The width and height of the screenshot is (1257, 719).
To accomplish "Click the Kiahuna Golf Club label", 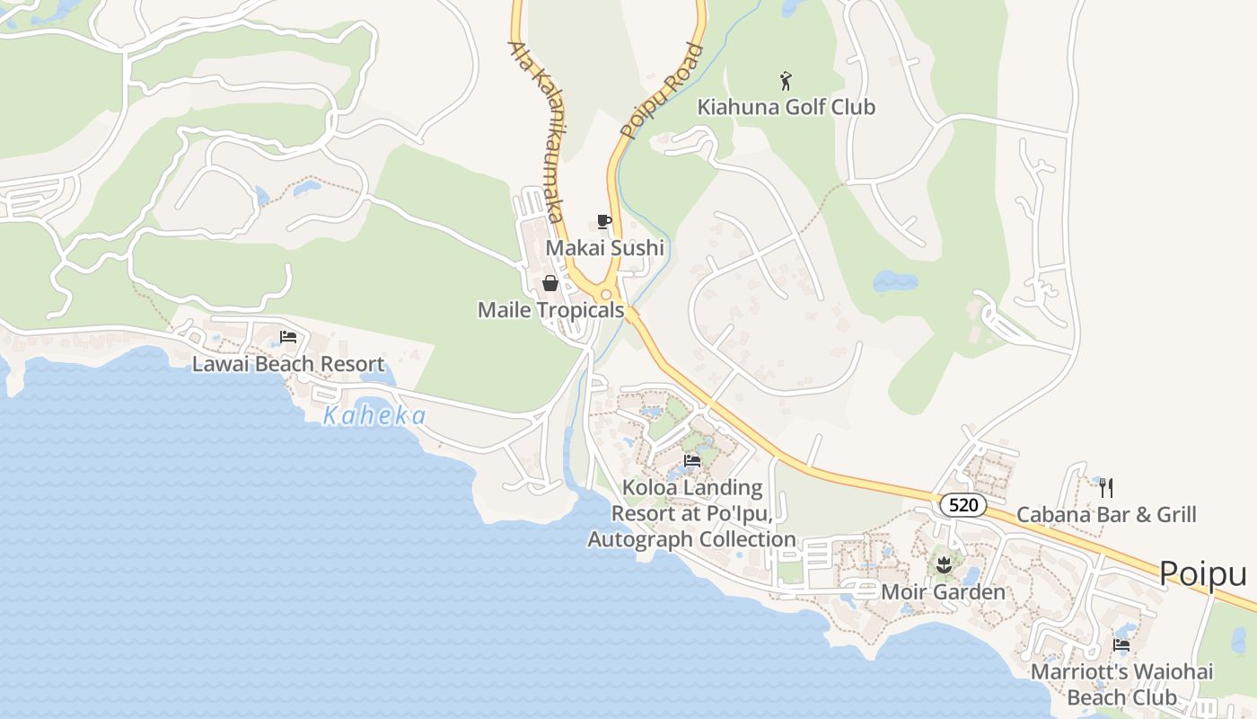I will point(787,107).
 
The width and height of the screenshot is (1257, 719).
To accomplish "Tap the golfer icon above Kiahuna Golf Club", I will point(787,81).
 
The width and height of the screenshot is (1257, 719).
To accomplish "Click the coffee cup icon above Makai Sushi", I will point(604,222).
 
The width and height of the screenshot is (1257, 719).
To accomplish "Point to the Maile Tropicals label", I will point(550,310).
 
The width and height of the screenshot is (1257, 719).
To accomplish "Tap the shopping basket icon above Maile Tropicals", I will point(550,284).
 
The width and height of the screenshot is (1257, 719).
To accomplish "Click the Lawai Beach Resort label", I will point(288,364).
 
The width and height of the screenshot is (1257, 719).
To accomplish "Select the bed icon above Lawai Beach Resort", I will point(288,337).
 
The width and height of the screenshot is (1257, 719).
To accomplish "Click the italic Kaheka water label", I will point(374,416).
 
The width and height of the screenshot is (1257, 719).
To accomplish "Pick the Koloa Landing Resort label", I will point(691,513).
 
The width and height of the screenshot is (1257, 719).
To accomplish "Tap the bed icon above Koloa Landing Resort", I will point(692,461).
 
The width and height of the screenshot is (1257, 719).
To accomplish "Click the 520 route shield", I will point(963,505).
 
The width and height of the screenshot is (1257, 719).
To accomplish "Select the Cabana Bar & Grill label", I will point(1106,515).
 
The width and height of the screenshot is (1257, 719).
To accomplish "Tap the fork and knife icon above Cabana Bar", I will point(1106,488).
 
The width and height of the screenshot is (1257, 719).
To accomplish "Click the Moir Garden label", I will point(943,592).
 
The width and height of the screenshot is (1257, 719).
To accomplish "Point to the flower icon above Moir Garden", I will point(943,565).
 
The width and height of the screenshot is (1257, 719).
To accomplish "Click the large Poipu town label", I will point(1203,573).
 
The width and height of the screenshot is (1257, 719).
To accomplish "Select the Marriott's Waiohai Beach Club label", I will point(1121,684).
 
